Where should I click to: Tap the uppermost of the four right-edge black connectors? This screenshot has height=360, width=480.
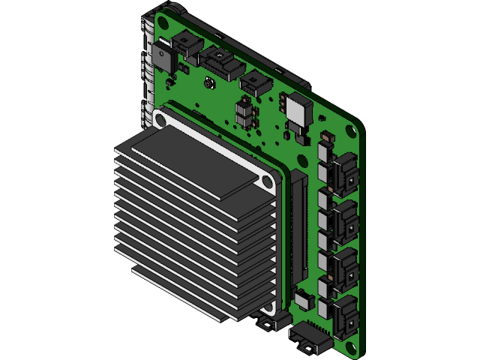coord(345,173)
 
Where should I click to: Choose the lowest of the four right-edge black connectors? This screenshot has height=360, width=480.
coord(346,315)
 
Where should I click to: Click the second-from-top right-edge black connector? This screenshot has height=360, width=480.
coord(346,220)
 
